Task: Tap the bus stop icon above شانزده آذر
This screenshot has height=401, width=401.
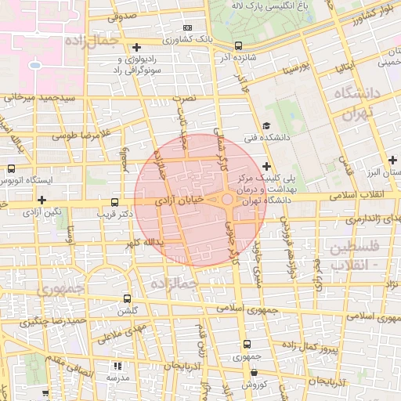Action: click(x=239, y=45)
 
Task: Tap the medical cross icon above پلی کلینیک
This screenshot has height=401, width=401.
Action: click(x=268, y=166)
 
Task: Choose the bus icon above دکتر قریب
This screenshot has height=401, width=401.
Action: click(x=115, y=200)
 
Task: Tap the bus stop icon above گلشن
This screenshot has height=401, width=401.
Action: click(x=128, y=298)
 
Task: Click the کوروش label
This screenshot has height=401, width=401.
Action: click(x=255, y=385)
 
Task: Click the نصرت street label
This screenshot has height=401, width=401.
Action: click(x=183, y=99)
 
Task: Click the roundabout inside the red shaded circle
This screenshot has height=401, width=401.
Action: click(x=226, y=200)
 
